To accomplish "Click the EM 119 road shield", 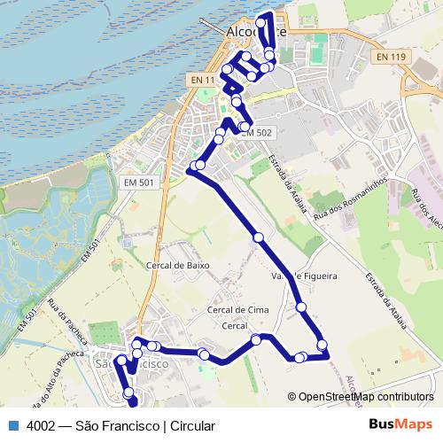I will (391, 57).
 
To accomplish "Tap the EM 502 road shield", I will (258, 132).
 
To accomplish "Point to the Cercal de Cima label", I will (237, 309).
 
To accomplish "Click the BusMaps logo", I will (401, 425).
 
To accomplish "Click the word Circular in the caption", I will (192, 425).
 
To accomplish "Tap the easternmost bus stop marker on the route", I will (322, 345).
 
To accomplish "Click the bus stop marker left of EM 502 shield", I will (244, 128).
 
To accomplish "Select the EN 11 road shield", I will (203, 80).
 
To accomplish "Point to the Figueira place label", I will (318, 276).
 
